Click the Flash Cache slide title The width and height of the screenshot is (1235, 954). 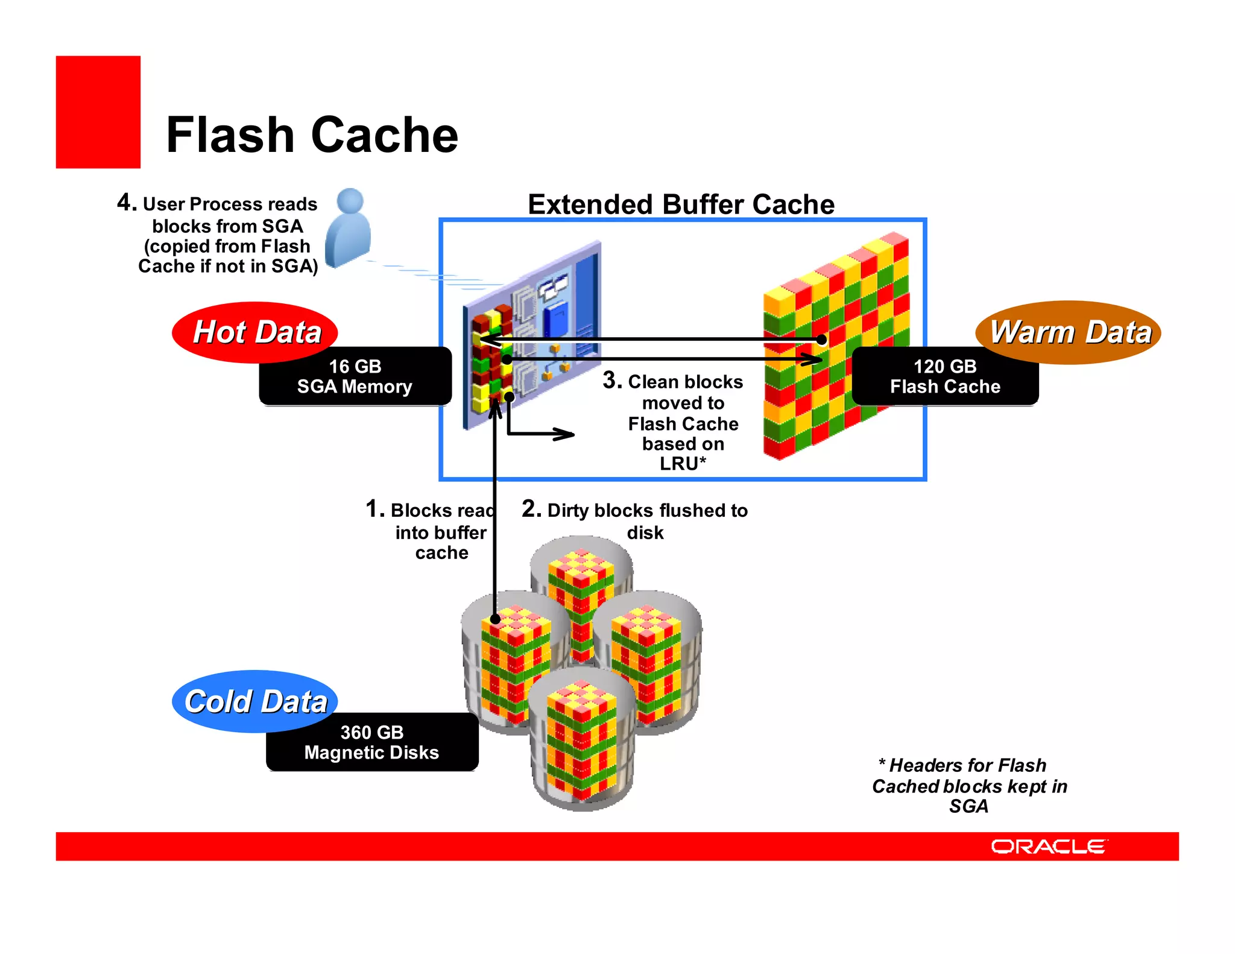(312, 135)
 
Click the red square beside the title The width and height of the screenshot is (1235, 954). (98, 112)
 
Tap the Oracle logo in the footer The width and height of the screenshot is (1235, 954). (1048, 847)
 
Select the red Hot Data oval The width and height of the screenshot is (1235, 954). (254, 332)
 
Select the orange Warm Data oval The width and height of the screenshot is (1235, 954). (1069, 332)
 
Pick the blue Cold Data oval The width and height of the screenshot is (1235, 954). (254, 701)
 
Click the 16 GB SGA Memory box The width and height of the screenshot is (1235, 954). (355, 376)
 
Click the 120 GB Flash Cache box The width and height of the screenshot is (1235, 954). (945, 376)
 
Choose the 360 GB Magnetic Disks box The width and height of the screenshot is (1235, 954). (371, 742)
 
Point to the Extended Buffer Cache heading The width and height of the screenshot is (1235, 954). (681, 204)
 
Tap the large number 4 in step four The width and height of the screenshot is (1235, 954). (126, 203)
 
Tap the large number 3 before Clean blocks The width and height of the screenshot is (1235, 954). (611, 381)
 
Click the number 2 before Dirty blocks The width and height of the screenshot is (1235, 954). (531, 509)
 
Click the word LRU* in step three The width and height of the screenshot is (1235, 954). (683, 464)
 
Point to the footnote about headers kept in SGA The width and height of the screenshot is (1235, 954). (969, 786)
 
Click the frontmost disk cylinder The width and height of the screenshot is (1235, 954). (582, 742)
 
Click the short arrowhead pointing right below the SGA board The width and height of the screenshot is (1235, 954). (564, 434)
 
